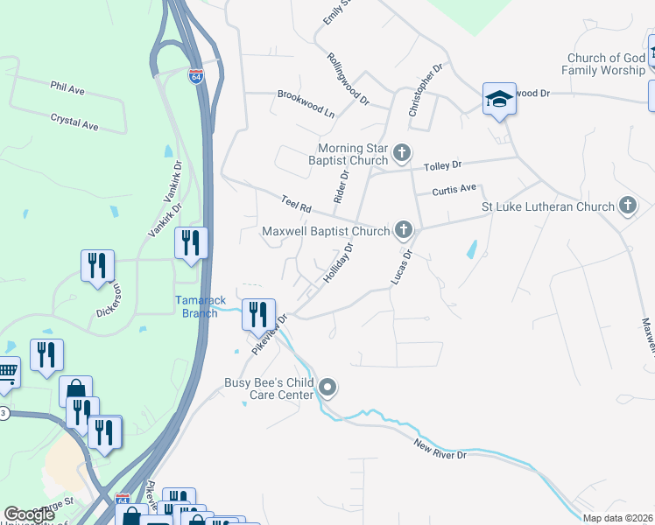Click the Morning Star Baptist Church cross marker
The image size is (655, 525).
point(402,154)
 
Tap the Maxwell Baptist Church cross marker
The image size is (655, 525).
point(404,230)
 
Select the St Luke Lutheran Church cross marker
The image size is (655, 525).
point(627,206)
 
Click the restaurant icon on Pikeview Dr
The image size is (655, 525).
point(258,313)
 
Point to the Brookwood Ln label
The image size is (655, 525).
point(306,94)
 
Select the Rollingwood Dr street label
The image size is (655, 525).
point(349,78)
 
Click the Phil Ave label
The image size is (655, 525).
point(67,88)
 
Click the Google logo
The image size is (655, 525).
point(29,514)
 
